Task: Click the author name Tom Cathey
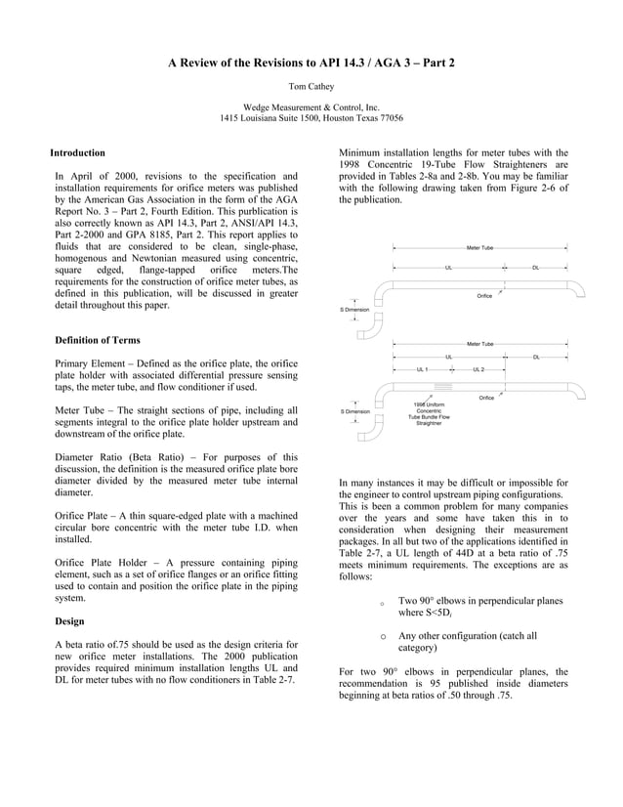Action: pyautogui.click(x=311, y=86)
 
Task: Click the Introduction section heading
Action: pyautogui.click(x=78, y=153)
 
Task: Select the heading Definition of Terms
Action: pyautogui.click(x=97, y=340)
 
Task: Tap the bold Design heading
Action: pyautogui.click(x=70, y=620)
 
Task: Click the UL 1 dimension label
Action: pyautogui.click(x=422, y=370)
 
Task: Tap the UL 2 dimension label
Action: pyautogui.click(x=478, y=370)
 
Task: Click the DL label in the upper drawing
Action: pyautogui.click(x=536, y=267)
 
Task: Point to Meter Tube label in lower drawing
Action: pyautogui.click(x=479, y=344)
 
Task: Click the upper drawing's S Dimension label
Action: pyautogui.click(x=354, y=309)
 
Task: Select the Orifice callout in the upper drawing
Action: pyautogui.click(x=484, y=295)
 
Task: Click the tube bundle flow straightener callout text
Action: pyautogui.click(x=429, y=414)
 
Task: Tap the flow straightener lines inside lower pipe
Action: pyautogui.click(x=430, y=387)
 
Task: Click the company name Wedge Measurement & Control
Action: pyautogui.click(x=311, y=106)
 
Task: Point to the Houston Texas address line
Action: pyautogui.click(x=311, y=118)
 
